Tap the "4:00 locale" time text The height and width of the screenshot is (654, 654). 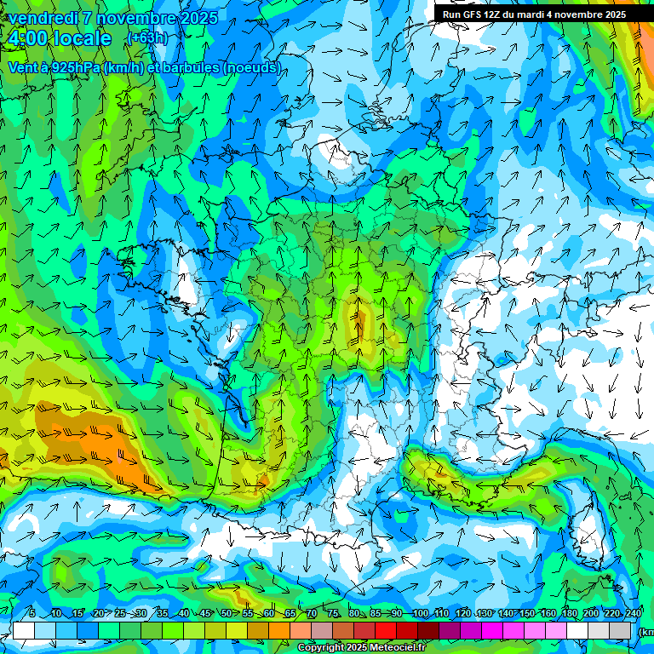point(59,38)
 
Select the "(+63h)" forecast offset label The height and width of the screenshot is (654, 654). point(146,37)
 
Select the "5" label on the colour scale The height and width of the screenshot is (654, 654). point(32,613)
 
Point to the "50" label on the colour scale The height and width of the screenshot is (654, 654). point(226,613)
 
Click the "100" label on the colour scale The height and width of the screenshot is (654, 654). point(420,613)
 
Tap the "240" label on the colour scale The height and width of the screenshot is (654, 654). point(633,613)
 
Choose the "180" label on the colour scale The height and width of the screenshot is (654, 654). point(568,613)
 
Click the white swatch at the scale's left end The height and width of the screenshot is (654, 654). point(24,630)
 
